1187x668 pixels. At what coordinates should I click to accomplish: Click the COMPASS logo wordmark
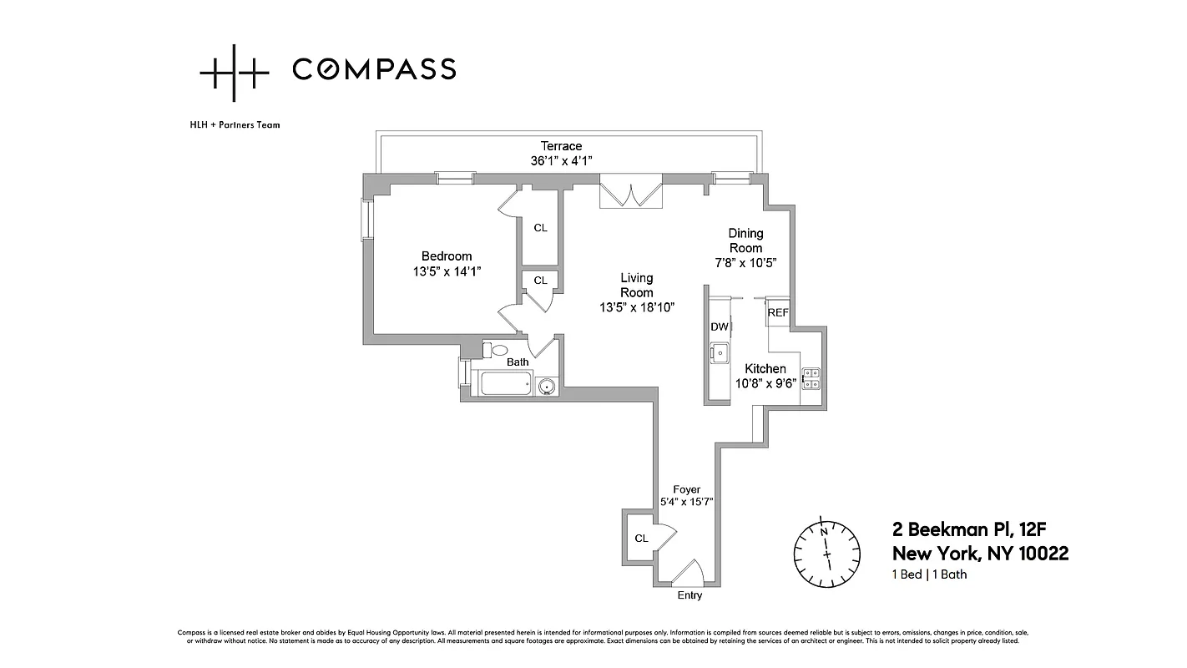click(373, 69)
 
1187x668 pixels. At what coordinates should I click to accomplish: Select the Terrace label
click(561, 146)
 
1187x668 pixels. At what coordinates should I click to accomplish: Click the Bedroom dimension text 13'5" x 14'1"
click(447, 271)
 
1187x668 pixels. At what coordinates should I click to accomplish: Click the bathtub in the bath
click(505, 385)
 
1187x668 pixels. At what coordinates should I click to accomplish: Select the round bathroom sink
click(547, 386)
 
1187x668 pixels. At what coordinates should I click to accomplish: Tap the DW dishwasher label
click(719, 326)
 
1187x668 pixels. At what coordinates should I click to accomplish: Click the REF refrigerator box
click(778, 312)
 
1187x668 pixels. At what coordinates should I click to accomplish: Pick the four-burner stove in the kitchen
click(811, 379)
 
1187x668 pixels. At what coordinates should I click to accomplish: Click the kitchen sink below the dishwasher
click(719, 353)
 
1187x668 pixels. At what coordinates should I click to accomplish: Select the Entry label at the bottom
click(689, 595)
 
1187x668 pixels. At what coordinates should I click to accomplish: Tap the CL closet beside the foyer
click(641, 539)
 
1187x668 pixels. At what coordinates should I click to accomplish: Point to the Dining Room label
click(745, 240)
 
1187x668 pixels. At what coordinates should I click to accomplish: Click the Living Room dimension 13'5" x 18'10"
click(637, 307)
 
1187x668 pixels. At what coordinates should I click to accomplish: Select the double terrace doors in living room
click(630, 193)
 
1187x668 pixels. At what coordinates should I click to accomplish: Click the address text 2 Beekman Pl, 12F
click(980, 529)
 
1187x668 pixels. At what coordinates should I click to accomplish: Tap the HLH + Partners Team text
click(235, 125)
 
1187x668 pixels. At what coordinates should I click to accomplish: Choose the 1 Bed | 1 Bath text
click(930, 574)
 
